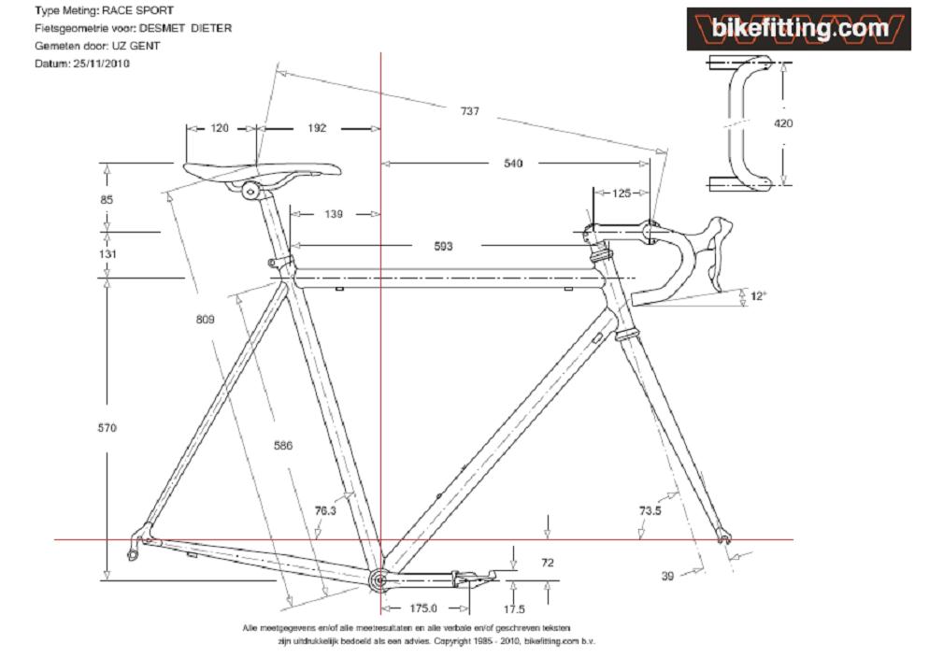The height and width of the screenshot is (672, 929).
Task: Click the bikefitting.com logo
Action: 799,29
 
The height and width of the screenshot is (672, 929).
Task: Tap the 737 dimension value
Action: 470,111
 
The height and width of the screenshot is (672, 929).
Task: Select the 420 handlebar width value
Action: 783,123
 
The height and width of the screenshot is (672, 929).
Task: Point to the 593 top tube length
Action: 443,246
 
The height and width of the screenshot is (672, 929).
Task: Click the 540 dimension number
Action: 513,164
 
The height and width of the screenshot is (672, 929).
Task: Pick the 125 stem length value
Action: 622,193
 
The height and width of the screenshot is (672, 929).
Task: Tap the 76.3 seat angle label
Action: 325,510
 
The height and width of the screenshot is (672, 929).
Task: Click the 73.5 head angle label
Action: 650,510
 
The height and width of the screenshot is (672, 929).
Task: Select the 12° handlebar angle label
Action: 758,295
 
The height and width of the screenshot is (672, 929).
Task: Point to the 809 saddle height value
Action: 205,320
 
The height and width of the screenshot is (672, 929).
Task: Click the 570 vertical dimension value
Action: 107,428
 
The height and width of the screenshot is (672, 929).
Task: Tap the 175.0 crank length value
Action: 423,608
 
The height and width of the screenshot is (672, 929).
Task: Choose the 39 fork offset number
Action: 667,576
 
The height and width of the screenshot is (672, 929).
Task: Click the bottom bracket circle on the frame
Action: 379,579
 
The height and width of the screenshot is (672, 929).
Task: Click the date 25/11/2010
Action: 101,64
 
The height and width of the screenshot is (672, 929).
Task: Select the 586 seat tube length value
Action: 283,446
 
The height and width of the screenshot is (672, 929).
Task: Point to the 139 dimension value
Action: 334,214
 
